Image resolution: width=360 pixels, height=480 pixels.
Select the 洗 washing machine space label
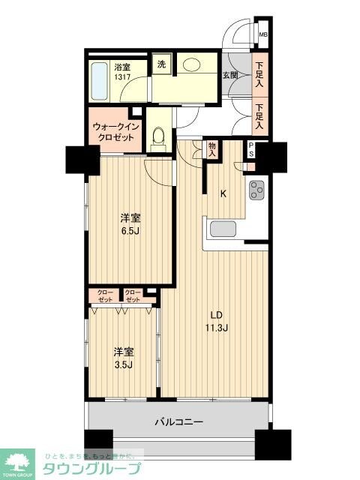click(161, 64)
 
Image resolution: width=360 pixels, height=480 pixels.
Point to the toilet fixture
click(158, 137)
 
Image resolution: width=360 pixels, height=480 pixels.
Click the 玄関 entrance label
click(230, 75)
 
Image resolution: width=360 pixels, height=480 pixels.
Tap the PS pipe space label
click(251, 150)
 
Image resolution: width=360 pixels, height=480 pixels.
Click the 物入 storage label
click(212, 148)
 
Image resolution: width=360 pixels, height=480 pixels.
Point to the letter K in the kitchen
click(223, 193)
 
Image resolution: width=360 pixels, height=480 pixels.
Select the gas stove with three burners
click(257, 191)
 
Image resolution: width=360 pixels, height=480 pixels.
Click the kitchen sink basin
click(223, 229)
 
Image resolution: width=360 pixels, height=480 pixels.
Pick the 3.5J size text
click(123, 365)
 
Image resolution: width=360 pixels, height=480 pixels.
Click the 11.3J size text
click(219, 327)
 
